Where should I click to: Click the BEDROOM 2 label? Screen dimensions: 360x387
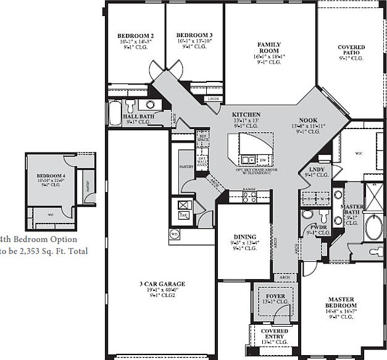point(135,36)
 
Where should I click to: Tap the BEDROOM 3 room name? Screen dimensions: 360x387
point(194,35)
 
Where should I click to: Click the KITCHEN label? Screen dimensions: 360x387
point(246,115)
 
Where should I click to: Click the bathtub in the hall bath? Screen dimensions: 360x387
point(115,114)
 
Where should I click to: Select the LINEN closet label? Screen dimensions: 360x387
point(213,99)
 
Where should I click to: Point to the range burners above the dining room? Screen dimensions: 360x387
point(249,197)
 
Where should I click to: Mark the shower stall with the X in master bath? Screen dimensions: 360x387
point(374,197)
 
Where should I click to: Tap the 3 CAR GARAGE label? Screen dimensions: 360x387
point(162,285)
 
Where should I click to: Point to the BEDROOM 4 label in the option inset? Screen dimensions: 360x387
point(51,176)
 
